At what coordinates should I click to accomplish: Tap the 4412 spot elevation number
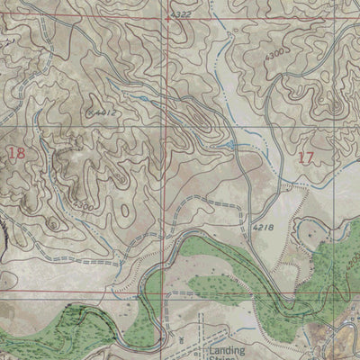coord(106,112)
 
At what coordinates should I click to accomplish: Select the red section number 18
coord(15,153)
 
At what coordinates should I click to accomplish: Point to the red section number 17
coord(305,157)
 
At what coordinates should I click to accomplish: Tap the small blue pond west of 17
coord(232,144)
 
